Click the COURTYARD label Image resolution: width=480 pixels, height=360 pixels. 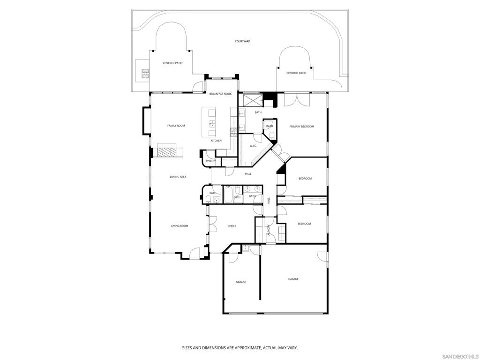coord(242,41)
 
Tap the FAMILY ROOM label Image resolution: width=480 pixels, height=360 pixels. coord(176,126)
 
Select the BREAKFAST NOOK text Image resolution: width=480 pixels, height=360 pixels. coord(220,94)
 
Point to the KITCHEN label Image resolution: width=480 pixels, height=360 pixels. coord(216,141)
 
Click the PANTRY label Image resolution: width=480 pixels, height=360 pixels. coord(211,161)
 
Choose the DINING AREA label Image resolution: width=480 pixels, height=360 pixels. coord(178,177)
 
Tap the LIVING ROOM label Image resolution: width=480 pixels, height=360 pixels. coord(180,226)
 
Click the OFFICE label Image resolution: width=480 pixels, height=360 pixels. coord(232,226)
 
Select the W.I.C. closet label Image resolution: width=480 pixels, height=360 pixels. coord(253,146)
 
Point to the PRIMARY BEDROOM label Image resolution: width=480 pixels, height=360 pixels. coord(301,127)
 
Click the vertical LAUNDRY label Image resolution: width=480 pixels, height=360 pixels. coord(269,231)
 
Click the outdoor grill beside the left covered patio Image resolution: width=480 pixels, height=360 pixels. coord(145,73)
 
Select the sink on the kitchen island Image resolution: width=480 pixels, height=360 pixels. coord(212,125)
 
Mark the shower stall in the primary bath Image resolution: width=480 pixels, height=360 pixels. coord(250,100)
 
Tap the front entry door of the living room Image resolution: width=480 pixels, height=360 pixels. coord(193,254)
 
